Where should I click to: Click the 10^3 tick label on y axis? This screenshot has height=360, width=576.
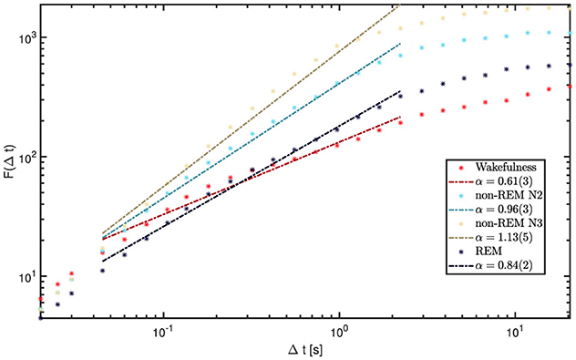tap(26, 37)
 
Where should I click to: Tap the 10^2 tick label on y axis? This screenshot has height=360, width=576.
tap(26, 157)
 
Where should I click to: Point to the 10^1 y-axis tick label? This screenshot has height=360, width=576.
tap(26, 276)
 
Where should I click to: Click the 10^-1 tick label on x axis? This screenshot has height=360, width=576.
tap(163, 330)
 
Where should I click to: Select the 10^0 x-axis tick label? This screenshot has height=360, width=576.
tap(339, 330)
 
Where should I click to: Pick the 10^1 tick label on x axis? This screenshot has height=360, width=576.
tap(515, 330)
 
